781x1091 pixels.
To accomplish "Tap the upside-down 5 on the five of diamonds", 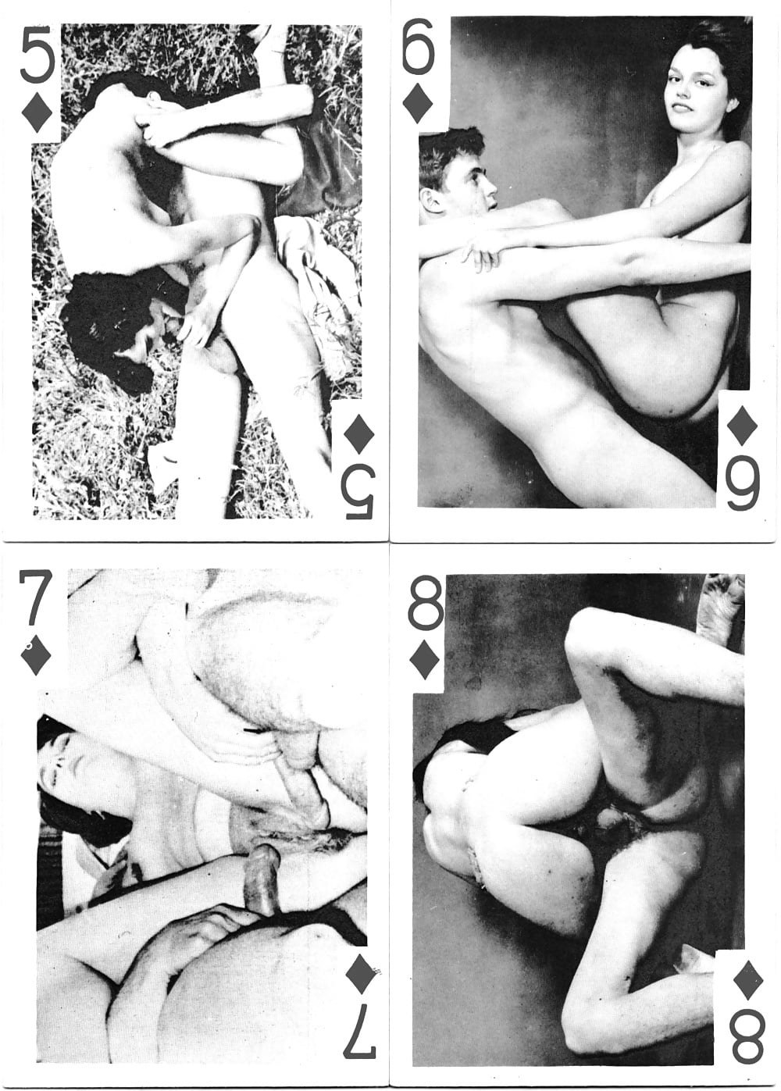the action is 358,491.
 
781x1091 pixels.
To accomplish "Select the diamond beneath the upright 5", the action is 37,112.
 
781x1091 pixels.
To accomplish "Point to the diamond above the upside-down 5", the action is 359,433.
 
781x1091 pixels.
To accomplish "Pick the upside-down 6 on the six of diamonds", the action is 742,483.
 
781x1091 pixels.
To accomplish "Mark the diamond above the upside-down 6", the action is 742,425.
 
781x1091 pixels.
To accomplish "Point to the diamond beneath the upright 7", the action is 36,655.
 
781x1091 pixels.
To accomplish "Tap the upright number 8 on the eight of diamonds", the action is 426,604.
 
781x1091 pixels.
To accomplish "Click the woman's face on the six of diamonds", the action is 688,90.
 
